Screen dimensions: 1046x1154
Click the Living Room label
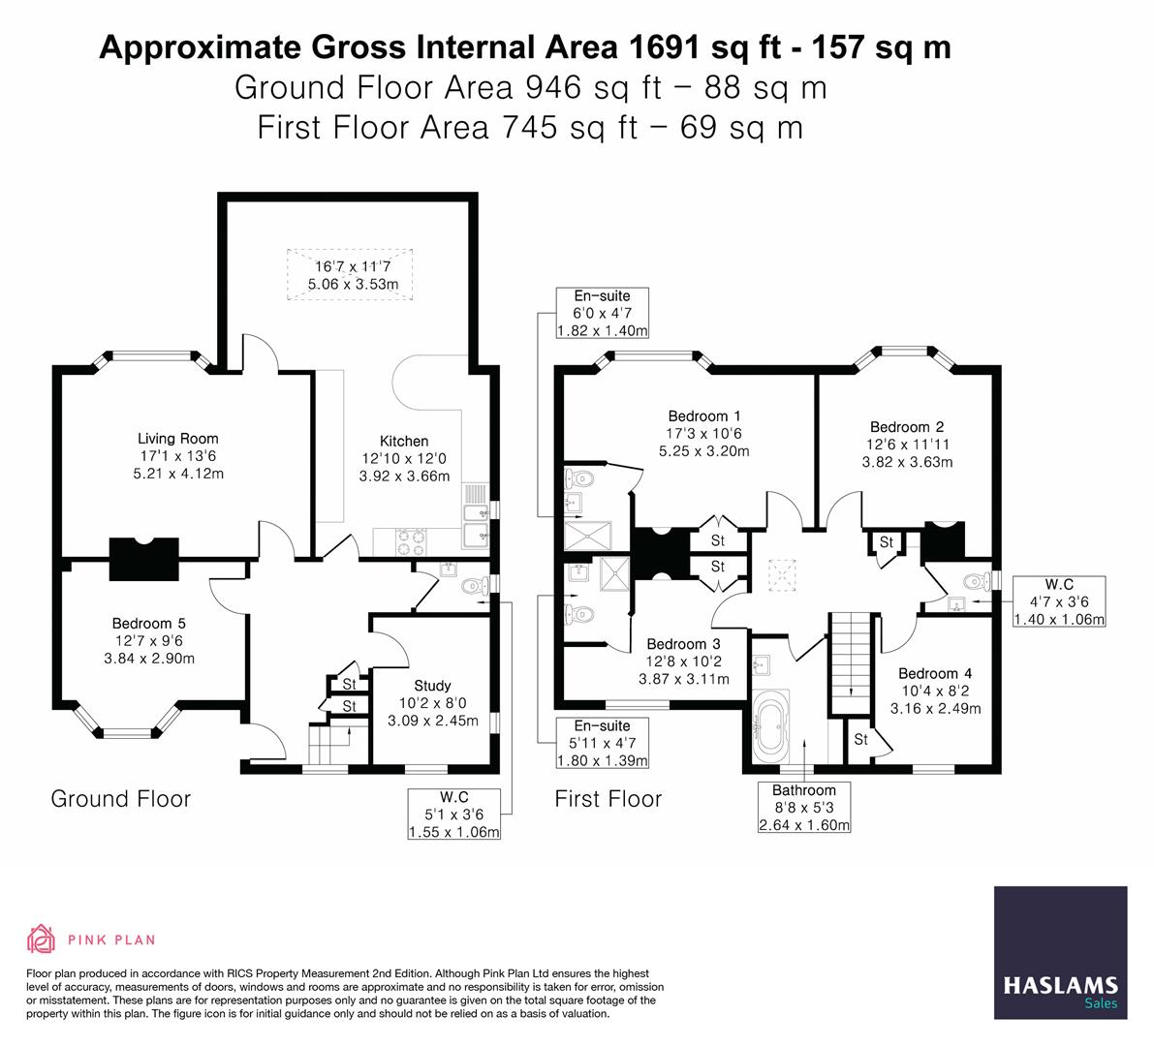click(x=177, y=439)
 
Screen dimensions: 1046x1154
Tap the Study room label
click(x=432, y=686)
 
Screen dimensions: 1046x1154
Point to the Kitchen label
click(x=404, y=441)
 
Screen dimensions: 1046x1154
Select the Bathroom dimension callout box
click(x=804, y=808)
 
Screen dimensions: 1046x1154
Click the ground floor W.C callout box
click(x=454, y=815)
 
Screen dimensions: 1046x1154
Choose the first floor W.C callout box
click(x=1058, y=601)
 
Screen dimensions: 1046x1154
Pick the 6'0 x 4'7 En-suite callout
click(x=602, y=313)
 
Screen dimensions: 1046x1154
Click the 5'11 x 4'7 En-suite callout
click(x=602, y=743)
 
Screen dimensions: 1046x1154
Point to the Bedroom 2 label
click(x=907, y=427)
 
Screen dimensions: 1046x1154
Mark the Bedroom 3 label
click(x=683, y=644)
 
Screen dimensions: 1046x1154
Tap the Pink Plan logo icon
click(x=41, y=938)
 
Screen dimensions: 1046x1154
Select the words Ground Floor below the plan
click(x=120, y=799)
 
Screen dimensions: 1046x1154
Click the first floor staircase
click(x=852, y=655)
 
